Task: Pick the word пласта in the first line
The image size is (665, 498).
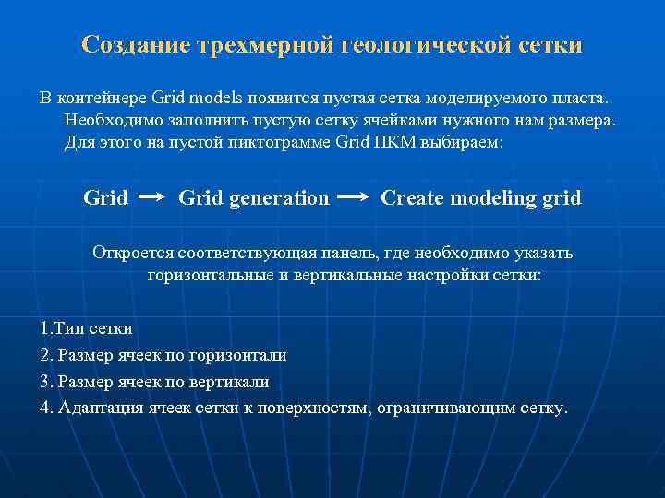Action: [579, 97]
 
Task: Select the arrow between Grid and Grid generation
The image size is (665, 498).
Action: [152, 197]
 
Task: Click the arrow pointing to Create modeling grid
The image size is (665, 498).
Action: [355, 197]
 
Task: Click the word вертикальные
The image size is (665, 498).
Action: [355, 276]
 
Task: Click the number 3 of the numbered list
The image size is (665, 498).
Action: [45, 381]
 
